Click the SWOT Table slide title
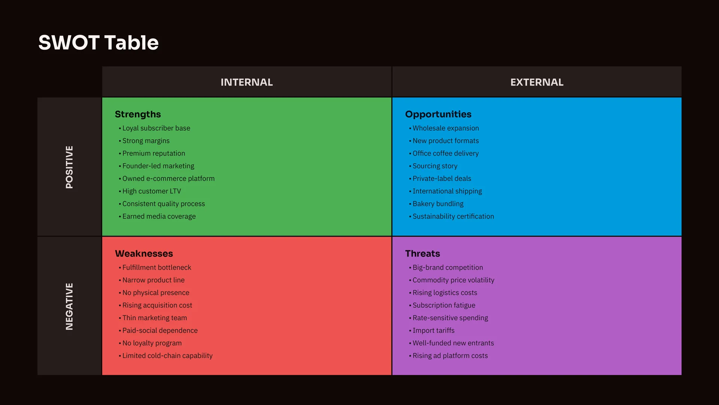(98, 42)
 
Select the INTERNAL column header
(247, 82)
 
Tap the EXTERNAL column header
(537, 82)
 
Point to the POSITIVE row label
(69, 167)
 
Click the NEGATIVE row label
(69, 306)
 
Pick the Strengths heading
(138, 114)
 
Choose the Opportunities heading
(438, 114)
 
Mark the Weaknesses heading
(144, 253)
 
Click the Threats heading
(422, 253)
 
